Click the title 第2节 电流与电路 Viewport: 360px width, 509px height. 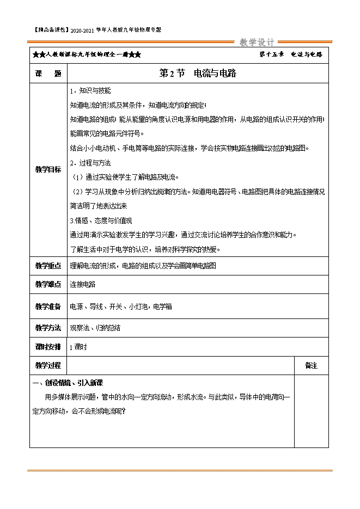[x=197, y=73]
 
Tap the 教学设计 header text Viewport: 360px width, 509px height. [x=258, y=42]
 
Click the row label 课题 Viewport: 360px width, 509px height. [x=48, y=73]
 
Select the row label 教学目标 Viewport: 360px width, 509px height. [x=48, y=169]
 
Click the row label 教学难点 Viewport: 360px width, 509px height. [x=48, y=285]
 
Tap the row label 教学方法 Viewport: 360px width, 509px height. [x=48, y=328]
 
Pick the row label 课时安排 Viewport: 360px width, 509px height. [x=48, y=347]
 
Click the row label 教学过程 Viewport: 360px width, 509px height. [x=48, y=365]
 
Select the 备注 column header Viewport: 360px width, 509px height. [x=311, y=366]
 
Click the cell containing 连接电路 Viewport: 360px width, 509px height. [x=83, y=285]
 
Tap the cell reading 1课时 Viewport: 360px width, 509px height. [x=78, y=347]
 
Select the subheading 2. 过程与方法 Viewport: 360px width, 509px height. [x=91, y=163]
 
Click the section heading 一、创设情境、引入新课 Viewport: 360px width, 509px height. [x=68, y=383]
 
